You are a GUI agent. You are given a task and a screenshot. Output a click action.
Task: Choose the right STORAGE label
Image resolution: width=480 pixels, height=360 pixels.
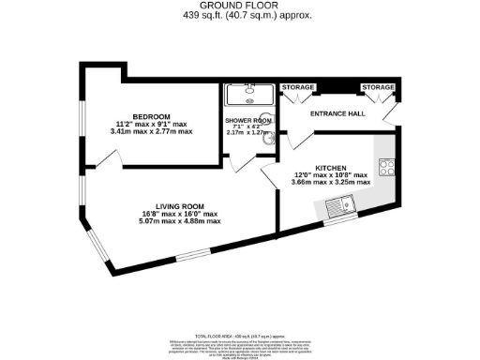coord(379,87)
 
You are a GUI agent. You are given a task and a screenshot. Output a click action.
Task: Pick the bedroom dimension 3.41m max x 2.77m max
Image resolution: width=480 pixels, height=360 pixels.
coord(151,132)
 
